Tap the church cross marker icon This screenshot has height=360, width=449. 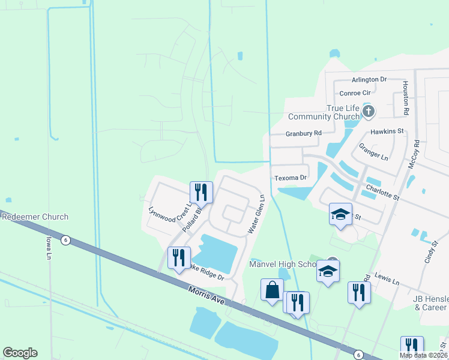pyautogui.click(x=369, y=111)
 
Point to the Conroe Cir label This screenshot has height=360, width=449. pyautogui.click(x=355, y=93)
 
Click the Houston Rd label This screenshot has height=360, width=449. pyautogui.click(x=406, y=98)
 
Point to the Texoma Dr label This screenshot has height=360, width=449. pyautogui.click(x=291, y=178)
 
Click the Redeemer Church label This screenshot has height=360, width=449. pyautogui.click(x=34, y=217)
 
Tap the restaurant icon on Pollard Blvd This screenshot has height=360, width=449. pyautogui.click(x=200, y=192)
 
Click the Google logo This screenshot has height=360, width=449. pyautogui.click(x=20, y=353)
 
